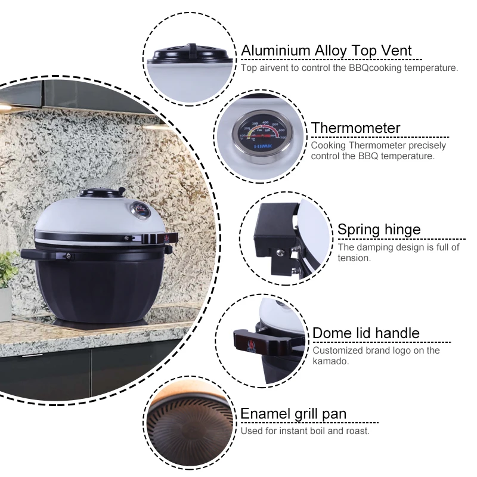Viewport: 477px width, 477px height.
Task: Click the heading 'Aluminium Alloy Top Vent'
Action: pos(326,51)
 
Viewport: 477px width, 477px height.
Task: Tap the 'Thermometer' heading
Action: pos(355,128)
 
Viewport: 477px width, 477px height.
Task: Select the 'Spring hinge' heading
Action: pos(379,230)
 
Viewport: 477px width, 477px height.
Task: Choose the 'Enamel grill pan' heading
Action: pos(293,414)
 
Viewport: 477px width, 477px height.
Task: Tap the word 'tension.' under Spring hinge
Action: pos(354,258)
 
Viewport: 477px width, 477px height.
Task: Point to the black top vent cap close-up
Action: pos(190,52)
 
